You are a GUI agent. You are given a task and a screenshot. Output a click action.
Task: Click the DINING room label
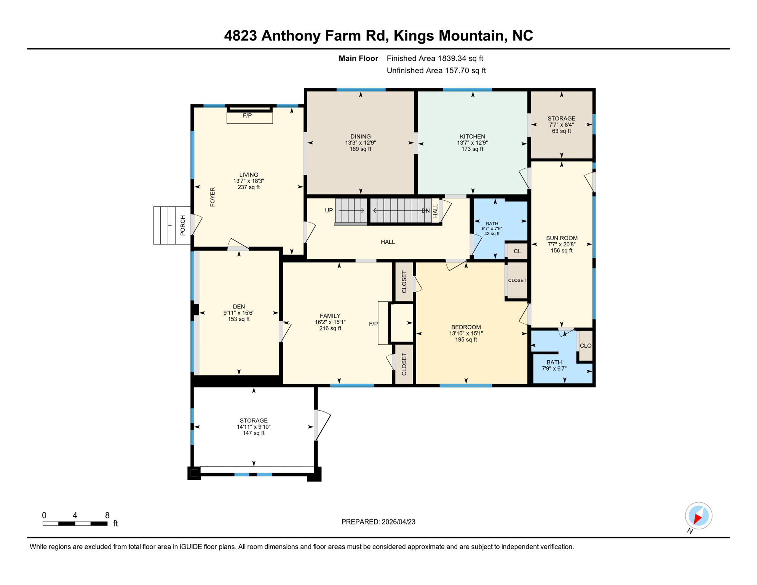coord(360,136)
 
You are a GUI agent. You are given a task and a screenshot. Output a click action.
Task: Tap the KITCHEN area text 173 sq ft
coord(472,149)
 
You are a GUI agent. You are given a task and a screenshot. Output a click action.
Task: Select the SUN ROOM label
coord(562,238)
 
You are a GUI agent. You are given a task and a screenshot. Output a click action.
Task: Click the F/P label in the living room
coord(247,115)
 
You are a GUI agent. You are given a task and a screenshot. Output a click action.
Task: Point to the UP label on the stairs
coord(329,210)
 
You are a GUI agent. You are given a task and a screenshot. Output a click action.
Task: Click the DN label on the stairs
coord(425,211)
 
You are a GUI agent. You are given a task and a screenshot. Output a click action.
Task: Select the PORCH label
coord(183,225)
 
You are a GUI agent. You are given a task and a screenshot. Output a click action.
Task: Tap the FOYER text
coord(212,197)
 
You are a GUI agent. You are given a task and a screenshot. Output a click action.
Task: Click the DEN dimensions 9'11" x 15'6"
coord(239,313)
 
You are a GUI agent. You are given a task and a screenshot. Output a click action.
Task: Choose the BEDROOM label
coord(466,327)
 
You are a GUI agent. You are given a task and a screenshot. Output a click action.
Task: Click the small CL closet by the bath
coord(517,251)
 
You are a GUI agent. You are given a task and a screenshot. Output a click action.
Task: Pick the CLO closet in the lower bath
coord(585,345)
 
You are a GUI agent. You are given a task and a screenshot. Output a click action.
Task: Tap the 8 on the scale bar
coord(107,515)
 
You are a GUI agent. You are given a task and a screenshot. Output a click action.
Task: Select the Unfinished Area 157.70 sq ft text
coord(436,70)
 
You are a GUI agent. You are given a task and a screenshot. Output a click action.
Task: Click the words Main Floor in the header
coord(358,58)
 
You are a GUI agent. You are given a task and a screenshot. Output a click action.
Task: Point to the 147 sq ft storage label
coord(254,433)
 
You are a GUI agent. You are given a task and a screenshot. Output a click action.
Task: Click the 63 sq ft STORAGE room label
coord(561,131)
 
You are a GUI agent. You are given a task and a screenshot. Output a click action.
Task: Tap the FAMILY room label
coord(330,316)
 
